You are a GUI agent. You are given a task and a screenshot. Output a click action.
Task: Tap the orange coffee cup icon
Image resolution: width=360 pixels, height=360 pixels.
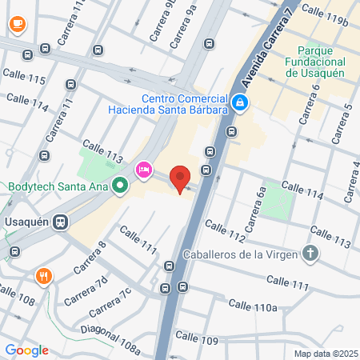point(16,25)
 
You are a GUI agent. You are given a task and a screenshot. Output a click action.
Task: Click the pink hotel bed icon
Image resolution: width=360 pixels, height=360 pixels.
point(144,169)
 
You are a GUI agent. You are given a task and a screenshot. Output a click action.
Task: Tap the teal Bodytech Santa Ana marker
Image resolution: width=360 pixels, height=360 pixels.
point(121,187)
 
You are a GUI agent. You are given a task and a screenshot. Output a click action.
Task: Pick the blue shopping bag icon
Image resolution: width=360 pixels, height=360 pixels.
point(240,102)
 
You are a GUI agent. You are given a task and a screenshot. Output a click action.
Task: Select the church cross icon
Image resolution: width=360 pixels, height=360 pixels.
point(310,254)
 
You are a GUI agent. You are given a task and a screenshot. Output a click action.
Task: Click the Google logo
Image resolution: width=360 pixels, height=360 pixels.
point(26,350)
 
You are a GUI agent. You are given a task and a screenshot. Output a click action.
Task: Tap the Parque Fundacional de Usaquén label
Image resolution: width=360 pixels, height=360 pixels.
point(315,68)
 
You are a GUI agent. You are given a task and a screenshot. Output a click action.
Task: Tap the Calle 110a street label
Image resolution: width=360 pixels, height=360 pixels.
point(252,305)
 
